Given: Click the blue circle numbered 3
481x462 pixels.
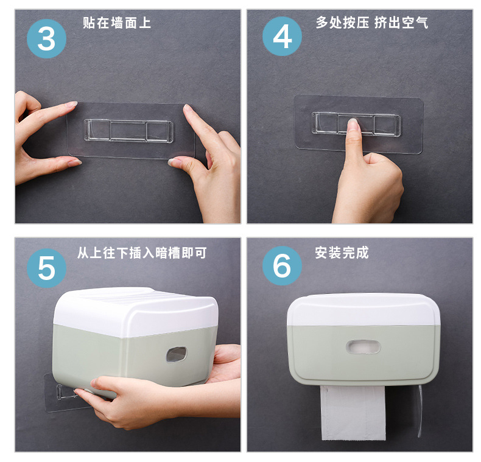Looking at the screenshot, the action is pos(47,39).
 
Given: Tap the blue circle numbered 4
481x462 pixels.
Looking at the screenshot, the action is pos(282,36).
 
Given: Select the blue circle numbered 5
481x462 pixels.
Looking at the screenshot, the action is pos(47,268).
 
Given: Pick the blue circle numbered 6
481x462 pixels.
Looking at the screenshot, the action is pos(282,265).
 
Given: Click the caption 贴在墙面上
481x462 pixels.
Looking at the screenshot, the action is pos(117,23).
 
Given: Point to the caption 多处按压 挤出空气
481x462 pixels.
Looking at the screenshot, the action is pos(372,23).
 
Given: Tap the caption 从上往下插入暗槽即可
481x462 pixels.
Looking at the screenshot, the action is pos(142,253).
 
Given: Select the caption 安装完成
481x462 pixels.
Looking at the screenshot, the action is pos(342,253).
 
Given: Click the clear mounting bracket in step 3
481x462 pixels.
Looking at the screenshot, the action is pos(128,131).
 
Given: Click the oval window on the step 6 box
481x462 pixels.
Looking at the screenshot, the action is pos(363,347).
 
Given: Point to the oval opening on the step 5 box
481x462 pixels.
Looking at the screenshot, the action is pos(177,354).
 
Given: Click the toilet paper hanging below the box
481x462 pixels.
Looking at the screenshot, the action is pos(353,413).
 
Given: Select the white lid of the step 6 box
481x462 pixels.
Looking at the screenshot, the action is pos(363,310).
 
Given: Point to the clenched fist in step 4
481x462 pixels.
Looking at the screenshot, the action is pos(368,184).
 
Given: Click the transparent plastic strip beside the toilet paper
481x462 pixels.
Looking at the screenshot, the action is pos(420,410).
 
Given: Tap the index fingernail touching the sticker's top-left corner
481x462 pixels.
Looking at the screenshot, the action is pos(72,104).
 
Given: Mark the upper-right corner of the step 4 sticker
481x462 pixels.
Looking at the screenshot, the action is pos(423,99).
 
